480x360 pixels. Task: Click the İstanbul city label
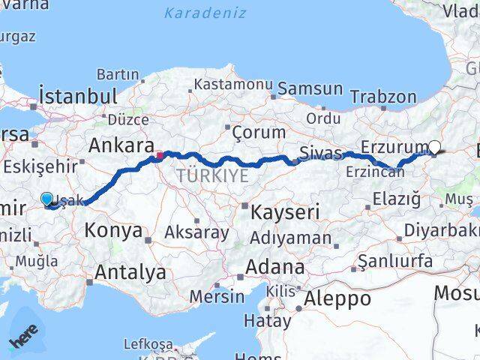[x=78, y=96]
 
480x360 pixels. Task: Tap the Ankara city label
[x=121, y=145]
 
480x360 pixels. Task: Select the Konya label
[x=114, y=230]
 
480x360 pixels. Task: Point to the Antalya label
[x=131, y=272]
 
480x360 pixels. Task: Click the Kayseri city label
[x=284, y=211]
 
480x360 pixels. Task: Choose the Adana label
[x=277, y=267]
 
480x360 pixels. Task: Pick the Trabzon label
[x=382, y=97]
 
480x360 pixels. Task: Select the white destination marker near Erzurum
[x=435, y=148]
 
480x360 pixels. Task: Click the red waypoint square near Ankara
[x=159, y=157]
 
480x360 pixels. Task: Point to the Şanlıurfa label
[x=394, y=261]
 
